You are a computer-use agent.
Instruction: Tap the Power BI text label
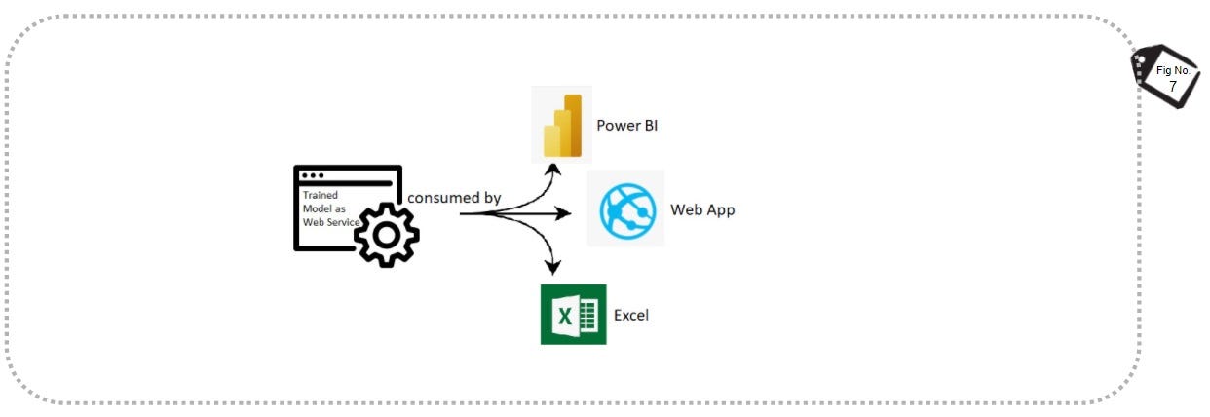coord(627,126)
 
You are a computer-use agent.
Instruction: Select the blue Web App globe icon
coord(625,208)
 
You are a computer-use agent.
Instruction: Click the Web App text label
coord(702,209)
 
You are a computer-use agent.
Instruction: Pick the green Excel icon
coord(573,314)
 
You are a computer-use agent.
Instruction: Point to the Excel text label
coord(631,315)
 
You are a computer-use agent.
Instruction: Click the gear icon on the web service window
coord(386,234)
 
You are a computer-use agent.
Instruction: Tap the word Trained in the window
coord(320,195)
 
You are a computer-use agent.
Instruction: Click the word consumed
coord(443,198)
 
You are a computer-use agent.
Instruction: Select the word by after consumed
coord(492,198)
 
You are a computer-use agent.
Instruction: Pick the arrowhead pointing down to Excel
coord(555,264)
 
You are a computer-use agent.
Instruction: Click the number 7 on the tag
coord(1172,87)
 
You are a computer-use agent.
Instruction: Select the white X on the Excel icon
coord(563,315)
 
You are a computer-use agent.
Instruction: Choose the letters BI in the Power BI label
coord(650,126)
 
